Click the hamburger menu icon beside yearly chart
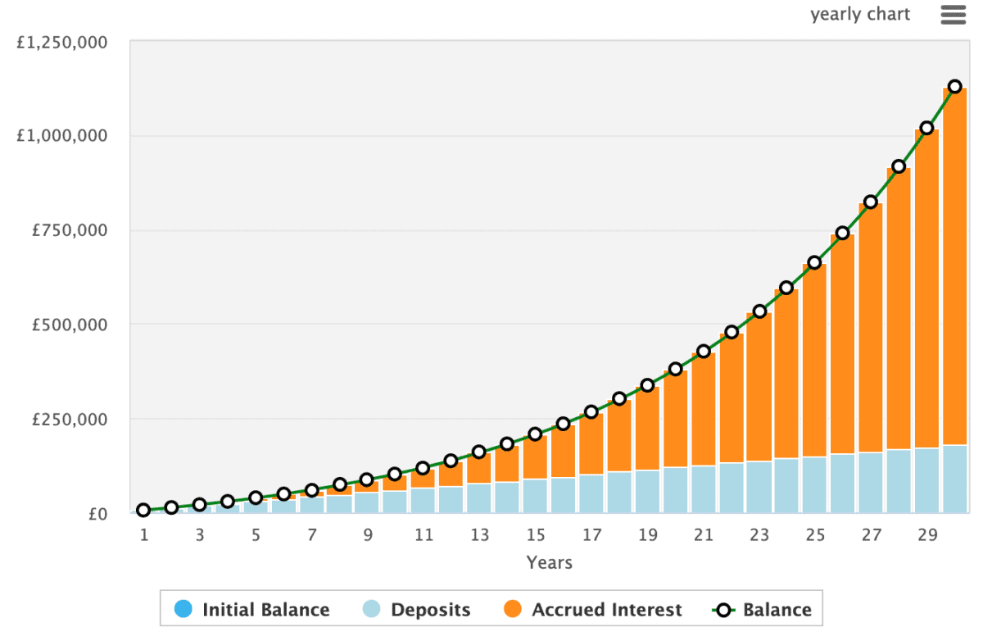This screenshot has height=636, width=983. [953, 15]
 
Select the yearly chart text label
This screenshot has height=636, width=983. [860, 15]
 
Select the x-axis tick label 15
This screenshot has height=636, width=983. [536, 535]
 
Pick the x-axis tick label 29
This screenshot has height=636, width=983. [926, 535]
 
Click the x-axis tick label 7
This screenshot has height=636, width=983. [312, 535]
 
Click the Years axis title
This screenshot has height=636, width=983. [549, 562]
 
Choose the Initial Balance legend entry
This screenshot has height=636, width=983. [252, 610]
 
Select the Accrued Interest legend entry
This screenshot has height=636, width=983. [592, 610]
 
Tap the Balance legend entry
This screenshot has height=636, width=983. [762, 610]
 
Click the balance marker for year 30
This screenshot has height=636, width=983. [954, 87]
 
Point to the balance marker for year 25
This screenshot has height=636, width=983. [814, 263]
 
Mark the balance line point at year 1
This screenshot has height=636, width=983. [143, 510]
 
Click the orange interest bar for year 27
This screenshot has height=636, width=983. [870, 328]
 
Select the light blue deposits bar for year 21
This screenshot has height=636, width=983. [703, 489]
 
